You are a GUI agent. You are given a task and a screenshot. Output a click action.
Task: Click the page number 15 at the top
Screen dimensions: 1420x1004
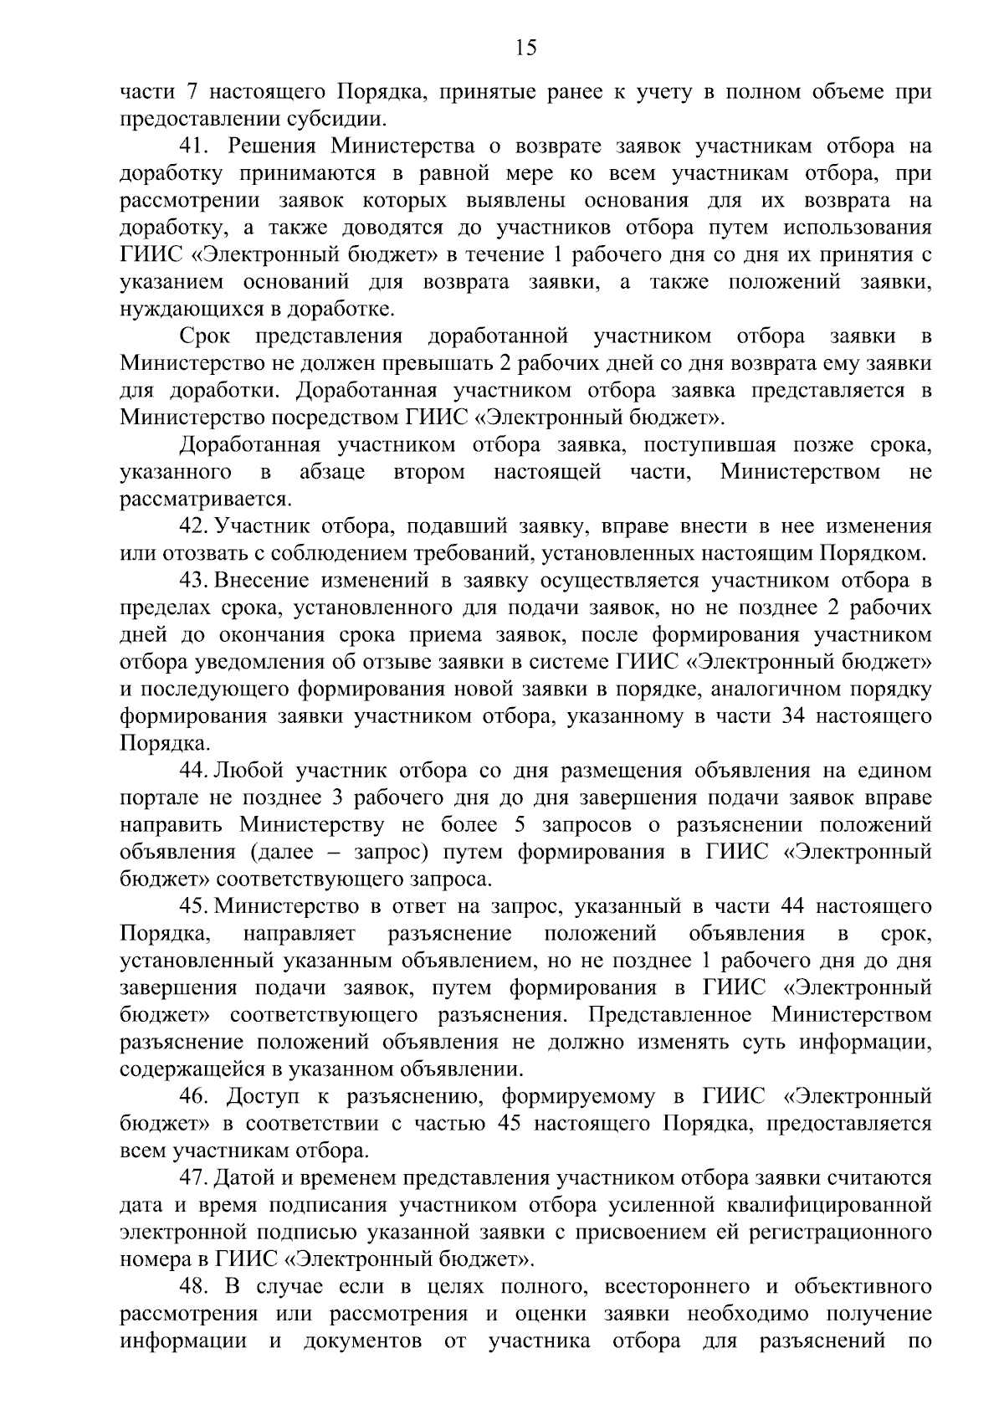(x=525, y=48)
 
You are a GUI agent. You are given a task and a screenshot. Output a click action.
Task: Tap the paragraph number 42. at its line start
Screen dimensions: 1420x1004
(x=193, y=526)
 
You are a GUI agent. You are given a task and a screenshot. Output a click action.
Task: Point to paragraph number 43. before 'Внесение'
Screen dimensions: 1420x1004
(x=193, y=581)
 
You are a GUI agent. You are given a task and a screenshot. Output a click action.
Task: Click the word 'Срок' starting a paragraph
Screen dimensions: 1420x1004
(x=204, y=336)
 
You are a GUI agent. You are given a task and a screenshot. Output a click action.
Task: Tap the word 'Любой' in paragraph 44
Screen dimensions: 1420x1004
(x=248, y=771)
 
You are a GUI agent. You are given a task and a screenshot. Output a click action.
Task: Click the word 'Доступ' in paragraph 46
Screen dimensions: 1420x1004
(x=264, y=1097)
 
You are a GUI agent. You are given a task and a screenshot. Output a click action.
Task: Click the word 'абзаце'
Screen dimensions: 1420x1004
(x=332, y=472)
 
